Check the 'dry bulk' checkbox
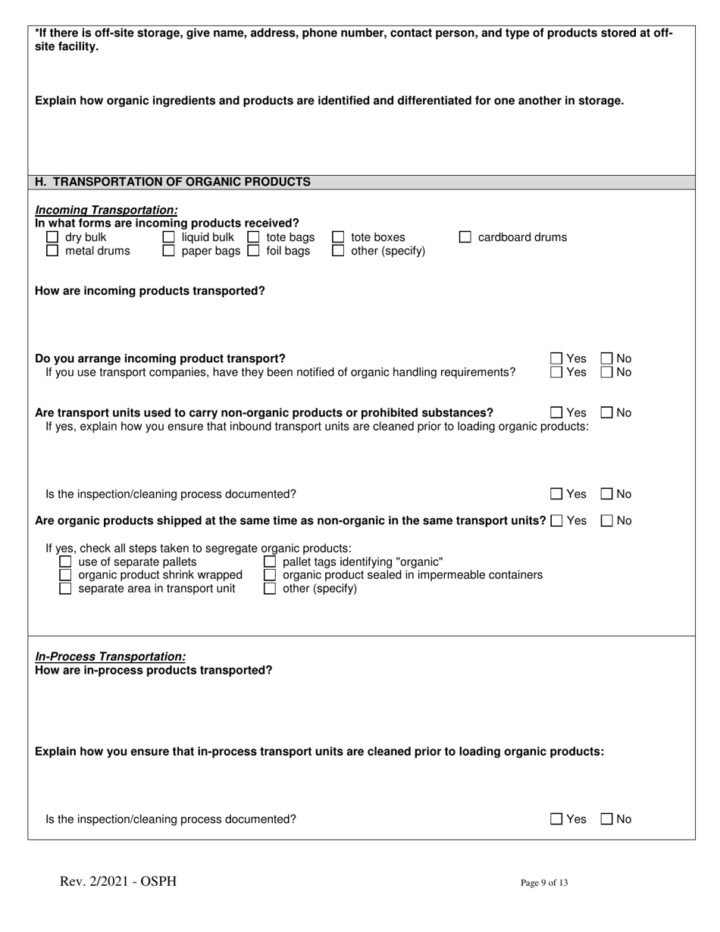tap(52, 237)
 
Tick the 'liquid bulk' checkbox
tap(169, 237)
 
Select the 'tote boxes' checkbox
tap(338, 237)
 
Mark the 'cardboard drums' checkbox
tap(465, 237)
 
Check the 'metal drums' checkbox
tap(52, 251)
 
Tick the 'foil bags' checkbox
tap(254, 251)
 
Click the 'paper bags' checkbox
tap(169, 251)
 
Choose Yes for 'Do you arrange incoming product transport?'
tap(556, 358)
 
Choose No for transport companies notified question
tap(607, 372)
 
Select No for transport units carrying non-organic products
tap(607, 413)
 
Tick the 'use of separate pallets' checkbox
tap(66, 561)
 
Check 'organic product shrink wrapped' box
tap(66, 575)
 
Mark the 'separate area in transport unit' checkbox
tap(66, 589)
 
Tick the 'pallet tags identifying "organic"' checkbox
tap(270, 561)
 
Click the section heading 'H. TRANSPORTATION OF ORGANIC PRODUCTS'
tap(173, 182)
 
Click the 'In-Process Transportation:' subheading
tap(111, 656)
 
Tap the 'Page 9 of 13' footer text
tap(544, 882)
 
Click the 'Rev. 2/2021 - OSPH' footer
tap(118, 881)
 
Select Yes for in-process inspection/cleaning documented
tap(556, 819)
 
